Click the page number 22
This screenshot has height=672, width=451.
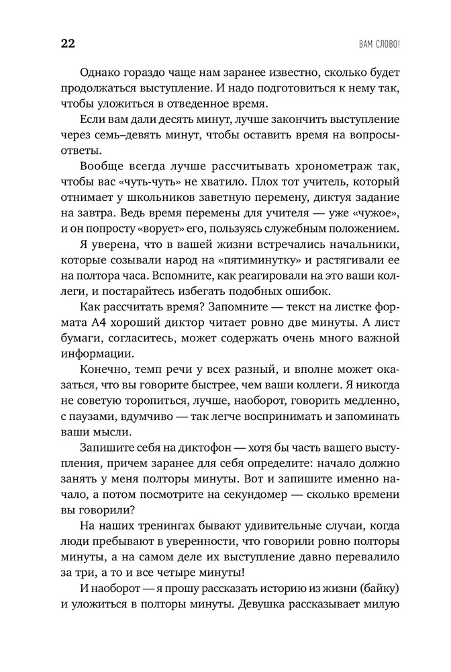coord(67,44)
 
